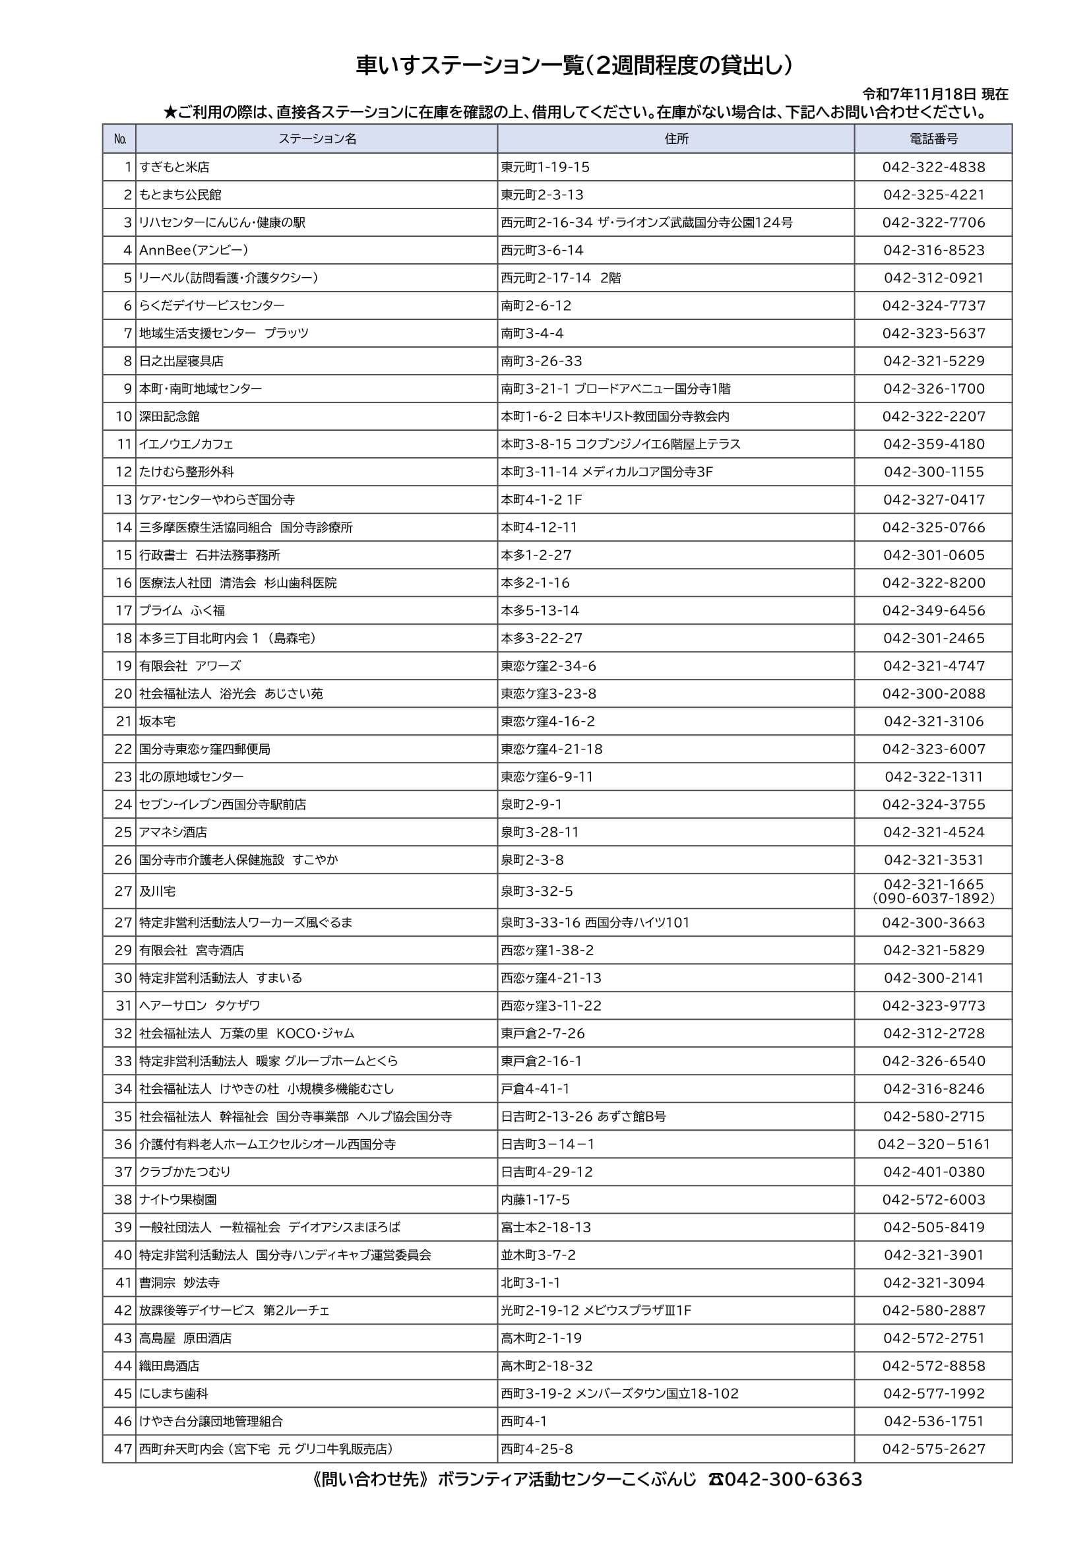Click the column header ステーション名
click(x=317, y=139)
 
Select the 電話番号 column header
click(x=933, y=139)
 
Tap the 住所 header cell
click(x=676, y=139)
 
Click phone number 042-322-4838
click(x=934, y=168)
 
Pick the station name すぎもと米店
click(x=175, y=168)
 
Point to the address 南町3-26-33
click(x=542, y=362)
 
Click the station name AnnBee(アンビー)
click(x=194, y=251)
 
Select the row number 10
click(x=123, y=417)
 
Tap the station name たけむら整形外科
click(x=187, y=472)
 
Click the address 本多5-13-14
click(x=540, y=611)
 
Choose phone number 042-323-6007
click(x=934, y=749)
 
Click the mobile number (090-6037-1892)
click(x=934, y=898)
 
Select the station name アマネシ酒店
click(x=173, y=833)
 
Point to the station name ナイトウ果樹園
click(x=178, y=1199)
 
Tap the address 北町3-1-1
click(x=531, y=1283)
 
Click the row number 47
click(x=123, y=1449)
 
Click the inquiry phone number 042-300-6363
click(x=793, y=1480)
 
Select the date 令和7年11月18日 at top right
click(x=918, y=94)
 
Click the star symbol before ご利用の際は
click(x=170, y=112)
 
